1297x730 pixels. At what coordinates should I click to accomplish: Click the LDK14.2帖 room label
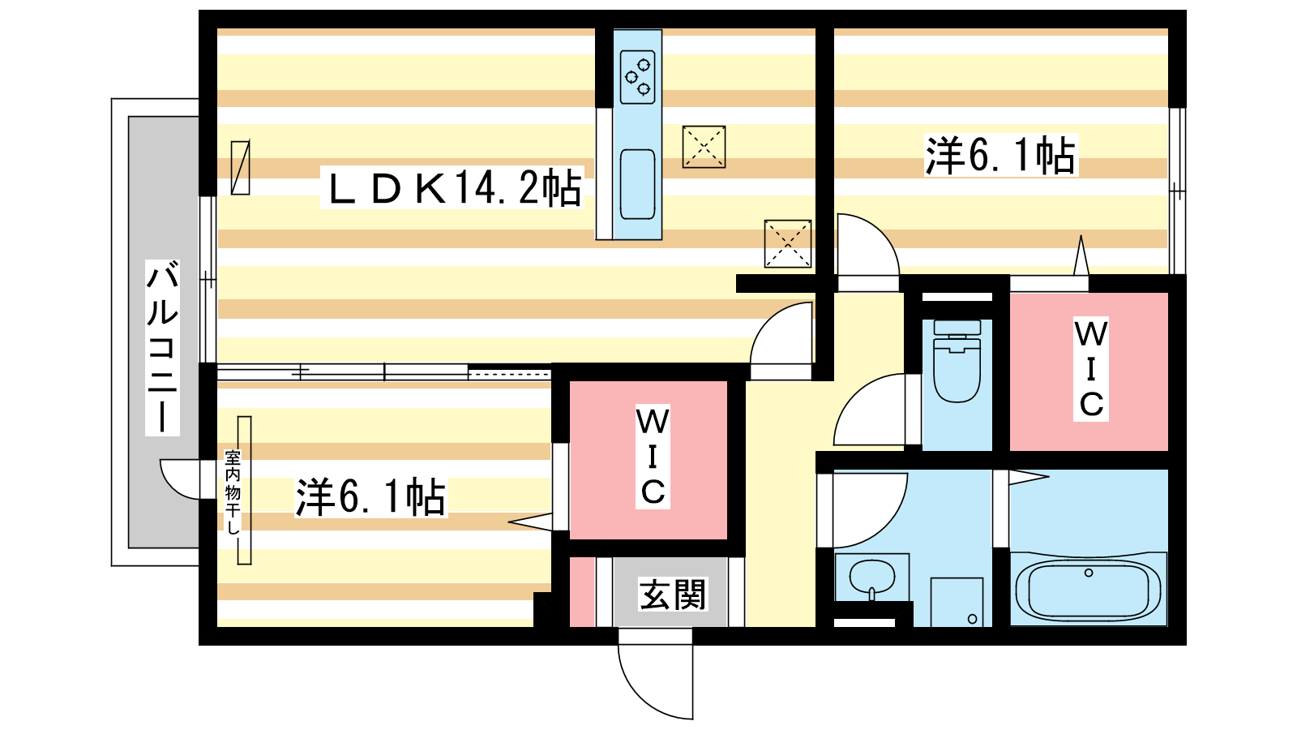(x=452, y=188)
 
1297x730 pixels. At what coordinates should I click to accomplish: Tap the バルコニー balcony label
(x=162, y=347)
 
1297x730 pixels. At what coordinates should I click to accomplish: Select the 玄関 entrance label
(x=672, y=595)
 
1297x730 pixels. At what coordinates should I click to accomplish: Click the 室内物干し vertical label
(x=233, y=492)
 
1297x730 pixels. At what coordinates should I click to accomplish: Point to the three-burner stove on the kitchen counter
(x=637, y=76)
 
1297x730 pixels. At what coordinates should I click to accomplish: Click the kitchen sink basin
(x=637, y=184)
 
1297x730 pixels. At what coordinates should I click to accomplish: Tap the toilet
(x=957, y=366)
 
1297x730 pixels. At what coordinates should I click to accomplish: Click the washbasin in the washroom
(x=871, y=578)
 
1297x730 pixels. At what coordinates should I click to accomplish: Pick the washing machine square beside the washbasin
(x=957, y=601)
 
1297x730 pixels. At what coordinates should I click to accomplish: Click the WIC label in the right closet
(x=1090, y=369)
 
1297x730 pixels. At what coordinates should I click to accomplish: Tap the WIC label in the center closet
(x=652, y=457)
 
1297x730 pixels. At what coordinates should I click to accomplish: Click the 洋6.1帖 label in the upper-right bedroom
(x=1000, y=155)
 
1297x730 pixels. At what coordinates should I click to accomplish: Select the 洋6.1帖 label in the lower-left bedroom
(x=370, y=496)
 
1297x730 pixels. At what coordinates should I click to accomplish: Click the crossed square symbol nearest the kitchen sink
(x=704, y=147)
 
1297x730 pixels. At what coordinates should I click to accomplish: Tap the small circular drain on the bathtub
(x=1089, y=573)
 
